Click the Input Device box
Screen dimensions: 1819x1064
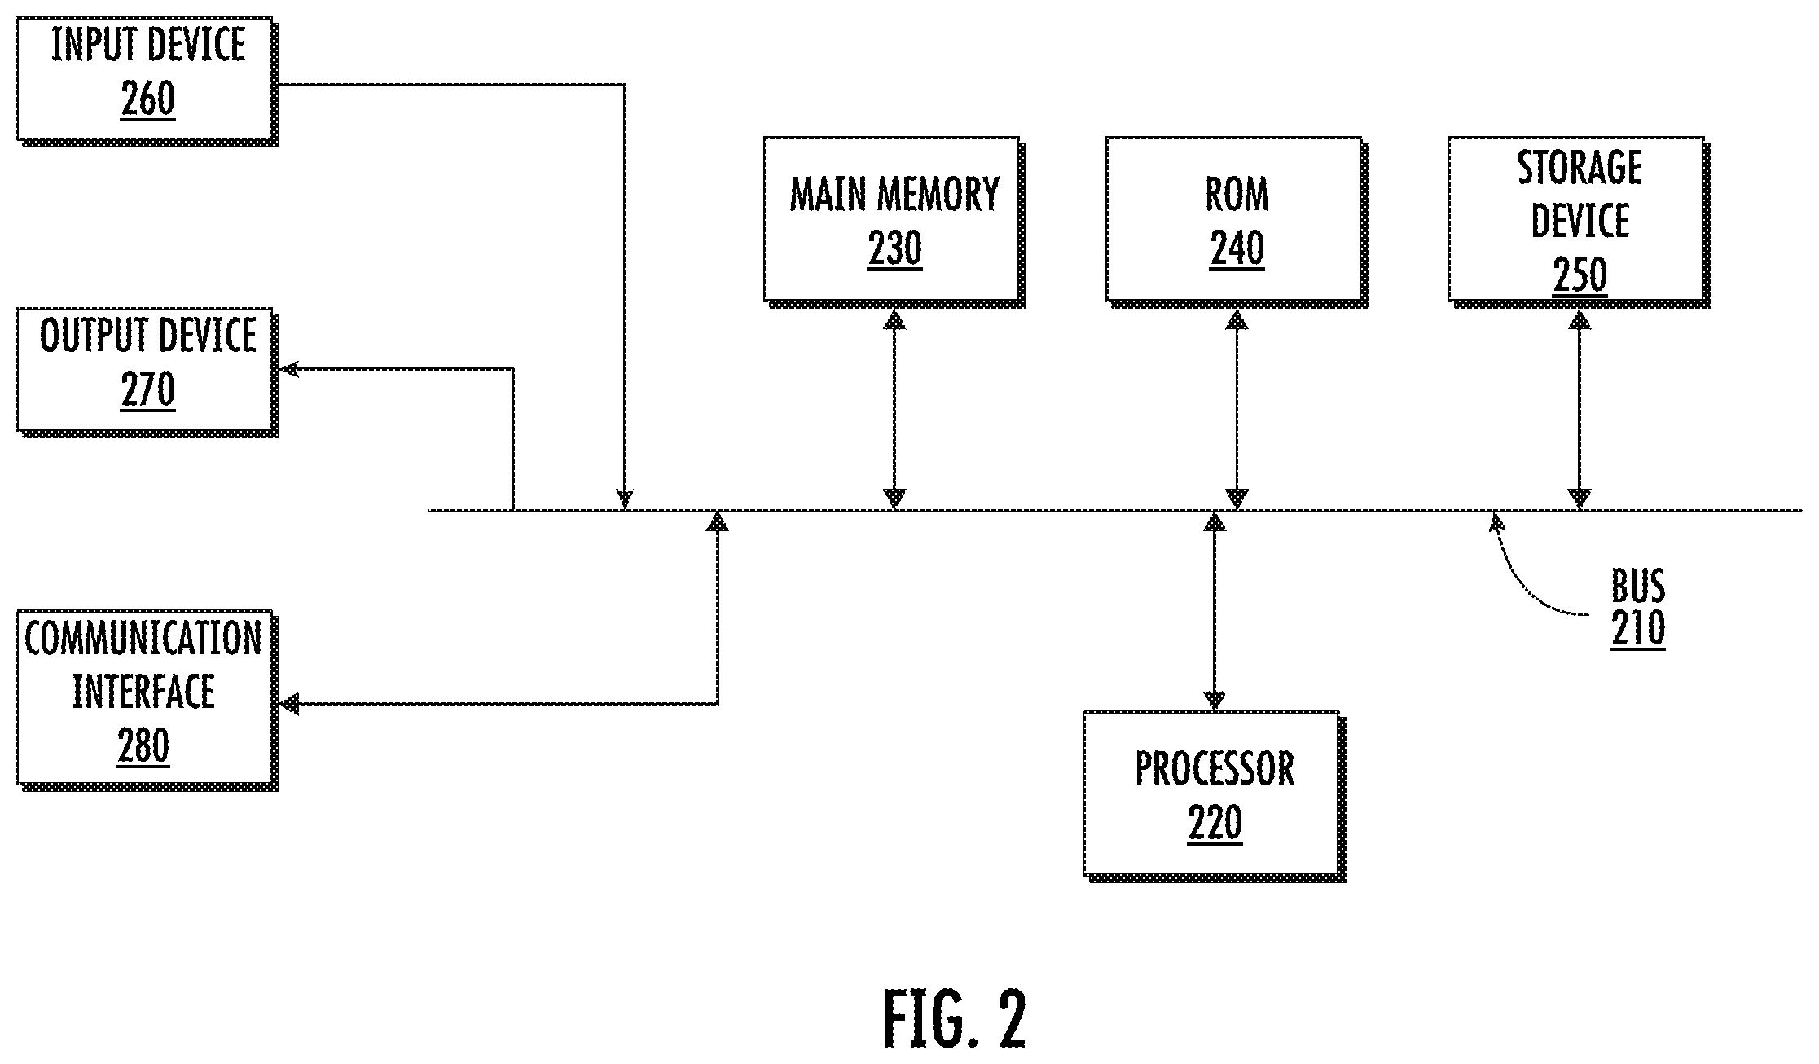[x=147, y=81]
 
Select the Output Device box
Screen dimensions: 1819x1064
[x=147, y=372]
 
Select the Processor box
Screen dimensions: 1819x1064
[x=1215, y=796]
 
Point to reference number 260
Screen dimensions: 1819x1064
[x=148, y=100]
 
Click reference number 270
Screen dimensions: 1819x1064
[x=148, y=391]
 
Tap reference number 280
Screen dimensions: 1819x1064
[x=143, y=745]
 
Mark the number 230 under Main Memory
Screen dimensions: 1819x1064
[x=894, y=249]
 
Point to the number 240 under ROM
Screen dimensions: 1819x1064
[x=1237, y=249]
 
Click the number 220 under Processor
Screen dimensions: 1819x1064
[x=1215, y=823]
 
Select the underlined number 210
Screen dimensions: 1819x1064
[x=1638, y=630]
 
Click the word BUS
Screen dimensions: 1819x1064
[x=1638, y=585]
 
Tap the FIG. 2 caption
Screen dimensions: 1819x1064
[x=955, y=1019]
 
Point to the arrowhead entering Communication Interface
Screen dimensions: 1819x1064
[x=290, y=704]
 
